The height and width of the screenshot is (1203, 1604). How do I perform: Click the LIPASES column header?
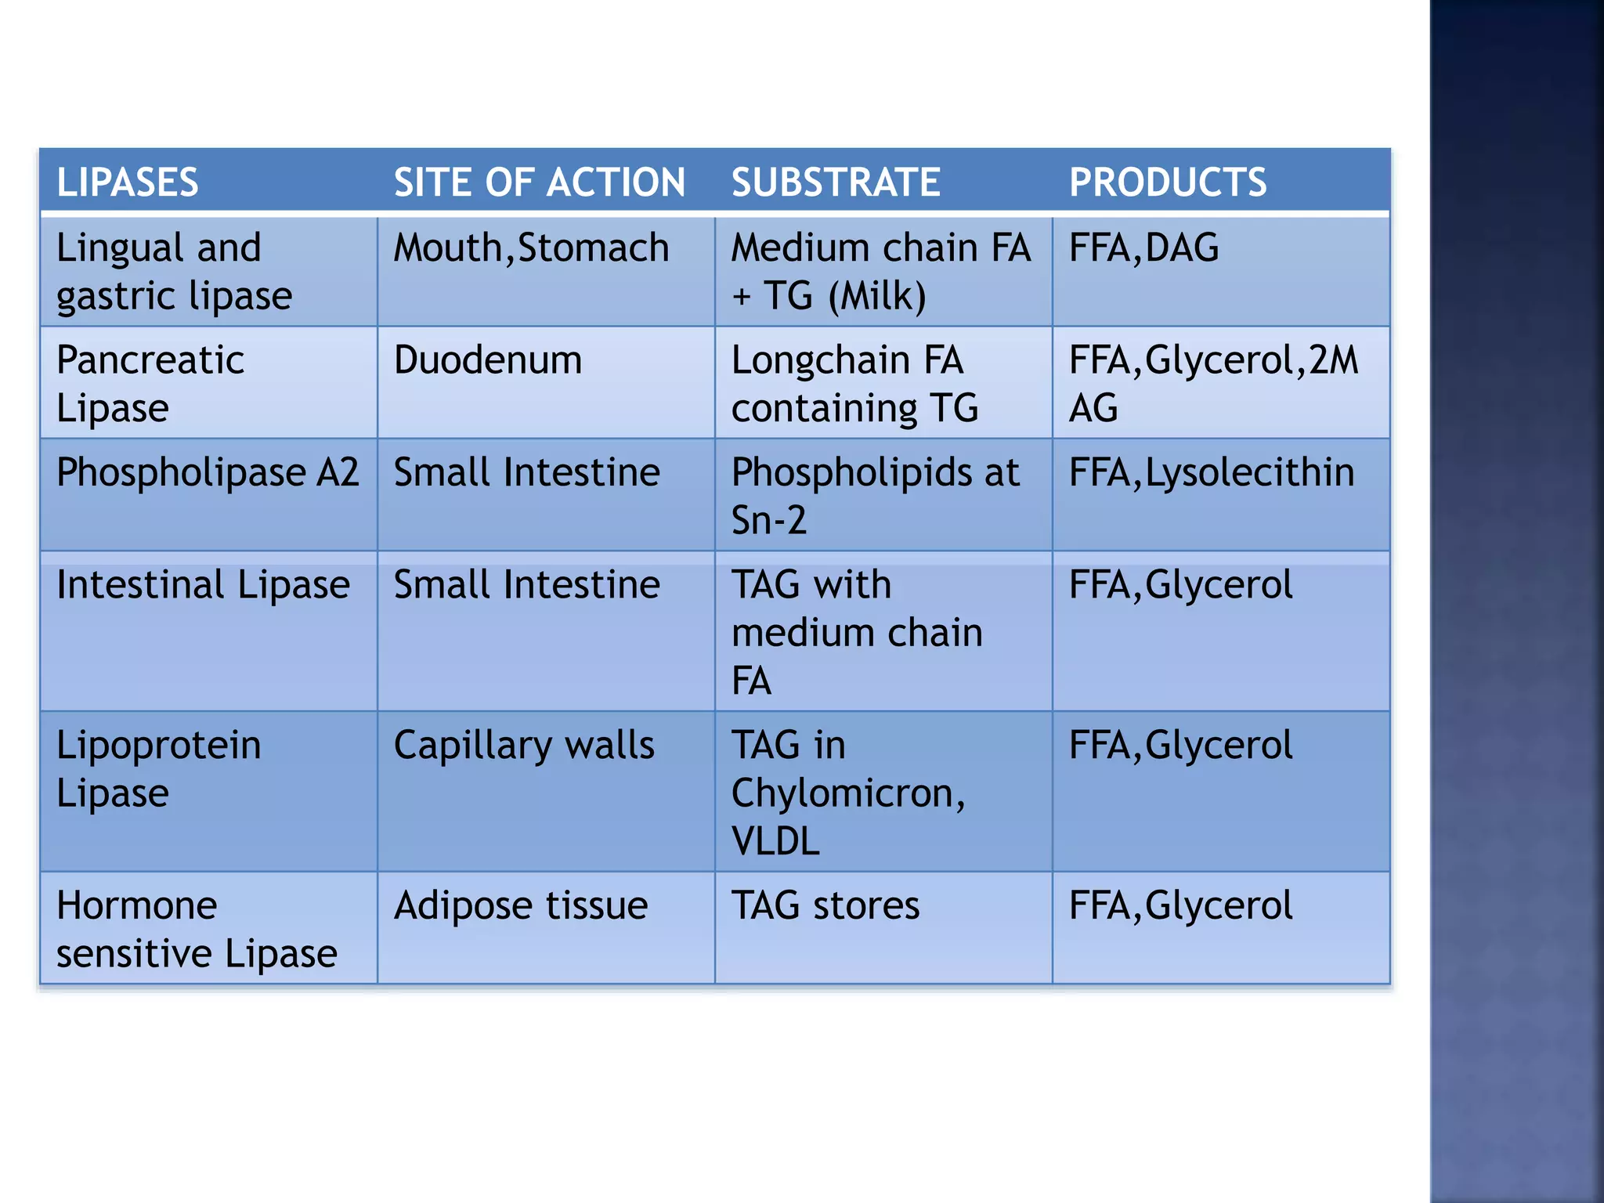(128, 182)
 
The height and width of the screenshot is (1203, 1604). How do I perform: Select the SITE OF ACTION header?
(539, 182)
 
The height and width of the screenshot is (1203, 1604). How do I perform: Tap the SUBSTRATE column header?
(836, 182)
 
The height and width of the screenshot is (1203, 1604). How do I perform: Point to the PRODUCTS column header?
(1168, 182)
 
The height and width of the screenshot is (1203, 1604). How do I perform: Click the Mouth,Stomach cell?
(531, 248)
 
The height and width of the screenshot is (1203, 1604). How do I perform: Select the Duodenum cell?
(487, 360)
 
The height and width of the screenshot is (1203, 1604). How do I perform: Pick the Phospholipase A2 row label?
(208, 472)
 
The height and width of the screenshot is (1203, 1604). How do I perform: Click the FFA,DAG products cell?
(1143, 248)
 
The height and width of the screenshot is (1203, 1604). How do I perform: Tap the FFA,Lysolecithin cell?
(1212, 472)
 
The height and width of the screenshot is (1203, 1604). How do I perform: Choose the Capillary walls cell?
(524, 745)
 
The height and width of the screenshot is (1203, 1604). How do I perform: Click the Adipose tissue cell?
(521, 905)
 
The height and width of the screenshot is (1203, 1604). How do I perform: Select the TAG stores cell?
(825, 905)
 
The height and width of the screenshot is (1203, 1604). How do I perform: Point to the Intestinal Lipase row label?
(203, 585)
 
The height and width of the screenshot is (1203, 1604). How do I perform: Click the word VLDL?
(775, 841)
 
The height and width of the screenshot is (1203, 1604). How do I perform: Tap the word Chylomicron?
(843, 793)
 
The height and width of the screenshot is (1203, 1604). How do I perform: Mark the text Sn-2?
(768, 520)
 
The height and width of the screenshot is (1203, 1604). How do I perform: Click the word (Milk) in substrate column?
(877, 296)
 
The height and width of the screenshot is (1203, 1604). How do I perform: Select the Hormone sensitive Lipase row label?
(197, 929)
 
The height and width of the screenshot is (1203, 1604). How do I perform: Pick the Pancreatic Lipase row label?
(150, 384)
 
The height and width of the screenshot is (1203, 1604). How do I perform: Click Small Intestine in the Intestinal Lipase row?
(526, 585)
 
